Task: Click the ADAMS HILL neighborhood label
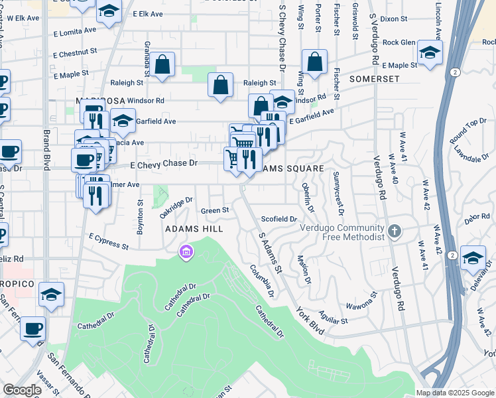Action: coord(192,228)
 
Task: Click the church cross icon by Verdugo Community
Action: coord(395,232)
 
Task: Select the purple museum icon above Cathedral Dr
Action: coord(184,251)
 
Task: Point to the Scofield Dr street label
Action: coord(279,218)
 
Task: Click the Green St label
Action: coord(215,210)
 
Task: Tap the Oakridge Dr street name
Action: coord(176,207)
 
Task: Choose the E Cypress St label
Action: coord(108,241)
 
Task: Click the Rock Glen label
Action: coord(399,42)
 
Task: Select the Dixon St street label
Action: coord(394,19)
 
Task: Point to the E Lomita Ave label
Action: coord(75,32)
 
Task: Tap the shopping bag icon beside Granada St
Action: coord(162,66)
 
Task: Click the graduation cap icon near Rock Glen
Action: coord(430,53)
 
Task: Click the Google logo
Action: coord(23,390)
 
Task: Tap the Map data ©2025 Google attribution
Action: coord(454,393)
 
